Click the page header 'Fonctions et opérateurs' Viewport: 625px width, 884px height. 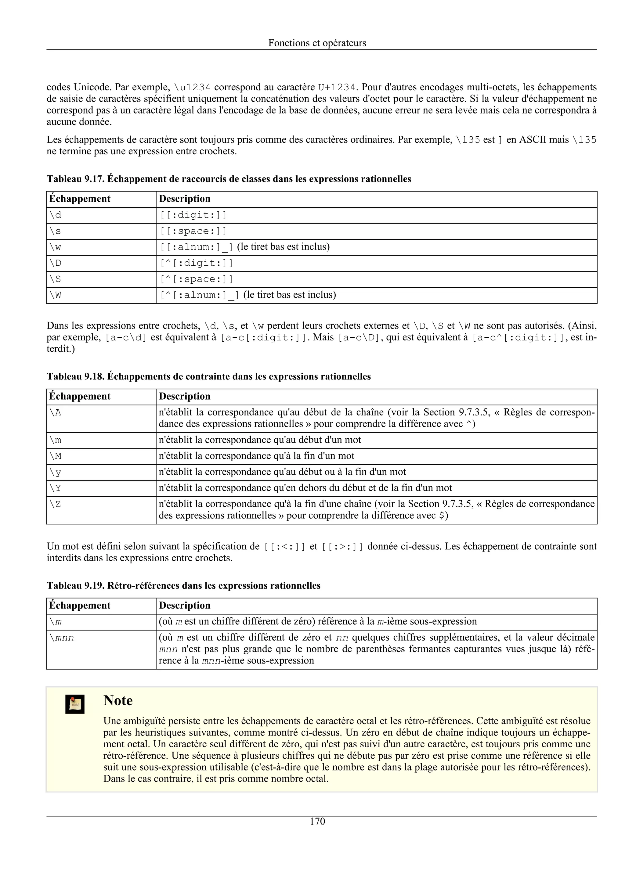[317, 43]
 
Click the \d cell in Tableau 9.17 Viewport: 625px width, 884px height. [56, 215]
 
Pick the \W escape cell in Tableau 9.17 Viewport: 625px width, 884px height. [56, 295]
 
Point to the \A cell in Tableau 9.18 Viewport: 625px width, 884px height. [56, 413]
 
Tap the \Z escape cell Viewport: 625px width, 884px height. [56, 504]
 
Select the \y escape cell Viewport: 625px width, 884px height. [56, 472]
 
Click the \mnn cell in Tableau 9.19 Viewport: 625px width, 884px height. [62, 638]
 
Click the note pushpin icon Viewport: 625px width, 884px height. [75, 704]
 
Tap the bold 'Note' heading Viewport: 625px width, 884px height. [118, 700]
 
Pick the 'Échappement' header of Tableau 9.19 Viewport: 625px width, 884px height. [80, 605]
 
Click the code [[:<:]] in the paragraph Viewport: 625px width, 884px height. [285, 546]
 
